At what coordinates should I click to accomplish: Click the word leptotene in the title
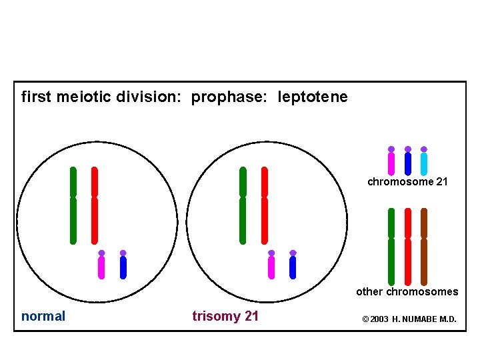[313, 97]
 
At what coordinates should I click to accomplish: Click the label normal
[43, 316]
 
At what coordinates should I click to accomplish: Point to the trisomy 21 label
[225, 316]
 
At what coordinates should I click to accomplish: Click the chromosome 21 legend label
[408, 181]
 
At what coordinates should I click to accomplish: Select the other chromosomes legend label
[407, 291]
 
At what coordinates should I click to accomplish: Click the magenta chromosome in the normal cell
[101, 267]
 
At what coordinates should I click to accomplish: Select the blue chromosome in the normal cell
[123, 267]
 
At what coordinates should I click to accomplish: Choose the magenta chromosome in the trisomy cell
[271, 267]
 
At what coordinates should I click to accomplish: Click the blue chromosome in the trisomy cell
[293, 267]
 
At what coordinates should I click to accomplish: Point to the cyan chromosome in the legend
[424, 163]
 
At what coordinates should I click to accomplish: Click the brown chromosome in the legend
[424, 247]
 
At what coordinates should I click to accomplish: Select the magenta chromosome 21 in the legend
[391, 163]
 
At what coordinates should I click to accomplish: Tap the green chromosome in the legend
[391, 247]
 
